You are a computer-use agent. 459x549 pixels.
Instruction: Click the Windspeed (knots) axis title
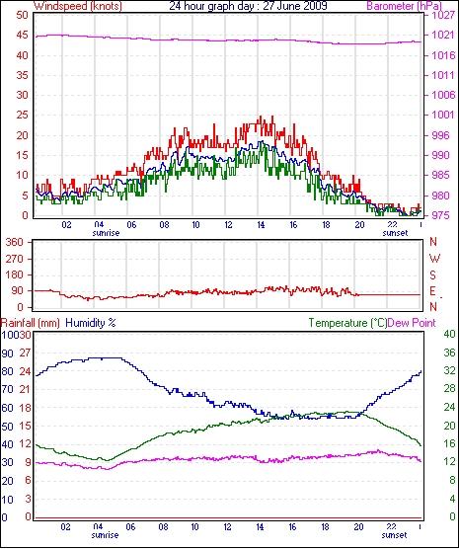[x=78, y=6]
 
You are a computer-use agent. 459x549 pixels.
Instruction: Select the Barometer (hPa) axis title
[x=404, y=6]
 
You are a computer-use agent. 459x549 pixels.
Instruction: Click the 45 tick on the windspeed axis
[x=23, y=36]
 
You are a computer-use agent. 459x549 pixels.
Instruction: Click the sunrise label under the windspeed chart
[x=106, y=233]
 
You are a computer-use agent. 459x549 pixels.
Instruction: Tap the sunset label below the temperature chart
[x=394, y=535]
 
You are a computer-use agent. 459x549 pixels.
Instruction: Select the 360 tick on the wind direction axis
[x=16, y=242]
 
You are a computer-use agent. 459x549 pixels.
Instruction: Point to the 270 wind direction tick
[x=16, y=259]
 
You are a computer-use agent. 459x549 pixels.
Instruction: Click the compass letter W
[x=434, y=259]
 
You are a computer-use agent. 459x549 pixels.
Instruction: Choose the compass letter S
[x=433, y=275]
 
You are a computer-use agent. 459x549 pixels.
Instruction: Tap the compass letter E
[x=432, y=291]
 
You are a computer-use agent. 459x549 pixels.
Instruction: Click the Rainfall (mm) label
[x=31, y=323]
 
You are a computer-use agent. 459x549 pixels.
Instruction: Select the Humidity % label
[x=91, y=323]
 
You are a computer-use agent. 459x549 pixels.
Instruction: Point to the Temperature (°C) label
[x=347, y=323]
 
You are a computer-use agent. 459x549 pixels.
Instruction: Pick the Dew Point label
[x=412, y=323]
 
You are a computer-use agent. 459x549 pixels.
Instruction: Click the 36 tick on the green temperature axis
[x=449, y=353]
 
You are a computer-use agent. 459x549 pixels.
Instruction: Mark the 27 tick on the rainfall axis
[x=26, y=353]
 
